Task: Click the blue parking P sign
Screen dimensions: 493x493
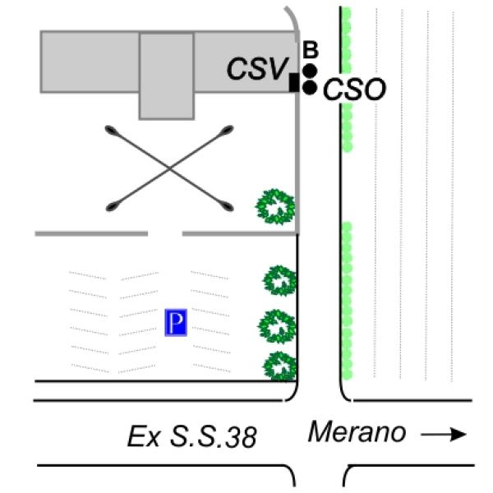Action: coord(176,322)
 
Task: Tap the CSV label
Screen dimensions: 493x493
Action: coord(256,69)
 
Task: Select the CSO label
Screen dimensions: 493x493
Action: coord(354,90)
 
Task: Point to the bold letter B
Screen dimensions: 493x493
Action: coord(311,49)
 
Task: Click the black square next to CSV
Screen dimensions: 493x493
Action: coord(294,83)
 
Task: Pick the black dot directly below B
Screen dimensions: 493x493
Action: coord(310,71)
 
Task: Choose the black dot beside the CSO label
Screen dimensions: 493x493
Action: coord(310,87)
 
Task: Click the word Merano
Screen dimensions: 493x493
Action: coord(357,432)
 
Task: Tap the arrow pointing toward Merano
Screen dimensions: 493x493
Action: coord(444,435)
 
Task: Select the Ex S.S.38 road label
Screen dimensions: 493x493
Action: coord(191,436)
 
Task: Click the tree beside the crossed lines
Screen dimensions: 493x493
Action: coord(275,206)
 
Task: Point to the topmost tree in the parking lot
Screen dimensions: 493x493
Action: coord(279,280)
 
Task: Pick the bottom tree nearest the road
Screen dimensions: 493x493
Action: coord(279,366)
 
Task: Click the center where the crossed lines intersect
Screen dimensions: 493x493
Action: coord(169,168)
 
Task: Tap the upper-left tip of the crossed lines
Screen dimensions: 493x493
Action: coord(111,130)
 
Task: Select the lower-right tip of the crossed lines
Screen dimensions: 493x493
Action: coord(228,207)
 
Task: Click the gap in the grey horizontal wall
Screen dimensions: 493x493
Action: coord(165,233)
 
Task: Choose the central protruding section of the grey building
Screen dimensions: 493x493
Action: coord(167,76)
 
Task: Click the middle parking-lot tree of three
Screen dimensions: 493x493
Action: coord(277,326)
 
